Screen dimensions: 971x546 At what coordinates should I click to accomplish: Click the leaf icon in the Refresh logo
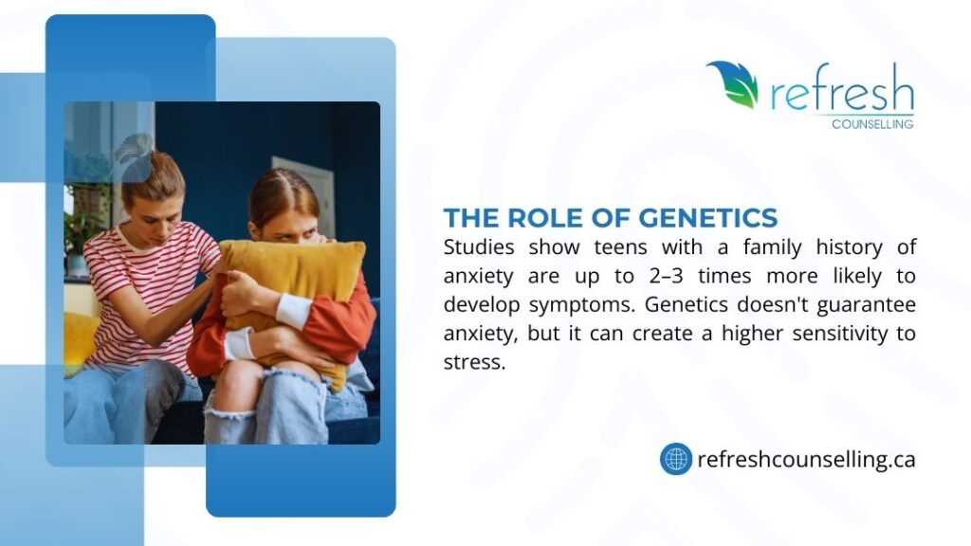[x=735, y=83]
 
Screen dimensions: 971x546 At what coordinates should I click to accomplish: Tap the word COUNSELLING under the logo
[x=872, y=124]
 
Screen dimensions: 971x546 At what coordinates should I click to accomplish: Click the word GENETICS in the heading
[x=707, y=218]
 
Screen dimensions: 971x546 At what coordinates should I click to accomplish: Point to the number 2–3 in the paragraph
[x=666, y=276]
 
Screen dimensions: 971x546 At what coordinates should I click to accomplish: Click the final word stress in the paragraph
[x=474, y=362]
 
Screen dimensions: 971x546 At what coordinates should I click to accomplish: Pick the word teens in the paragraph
[x=620, y=247]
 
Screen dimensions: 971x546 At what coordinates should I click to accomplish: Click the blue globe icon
[x=675, y=459]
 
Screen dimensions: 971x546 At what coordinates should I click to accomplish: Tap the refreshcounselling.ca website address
[x=806, y=460]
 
